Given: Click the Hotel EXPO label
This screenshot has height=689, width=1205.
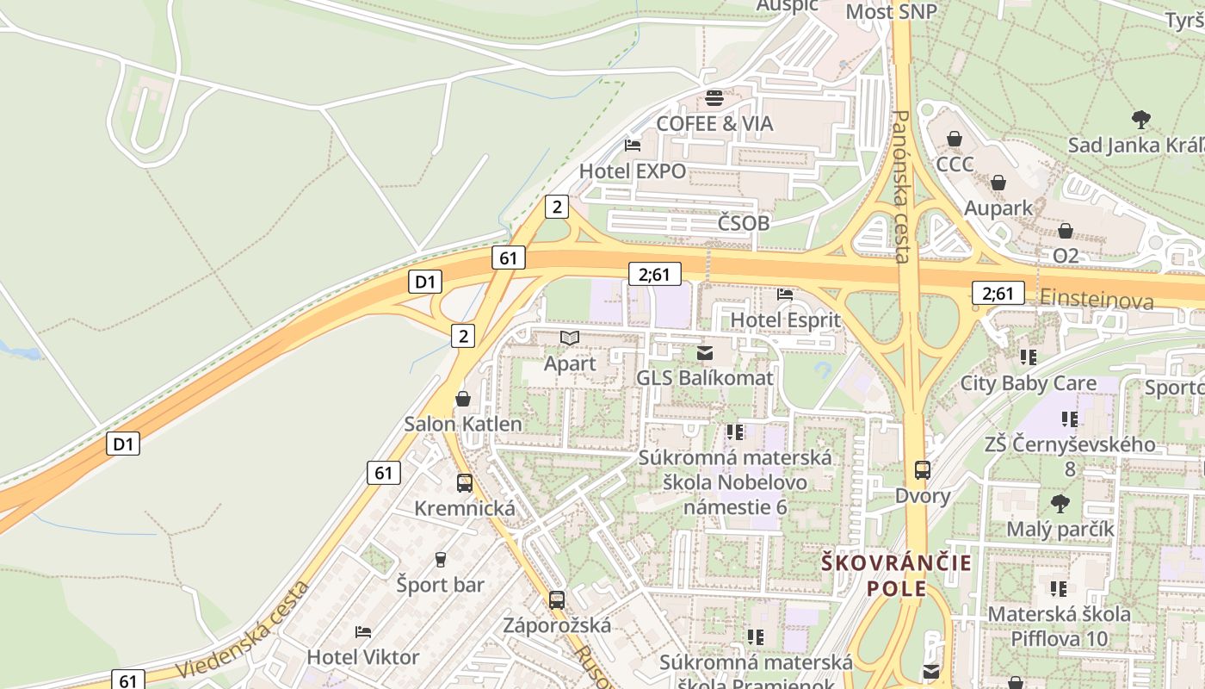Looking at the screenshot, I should [633, 171].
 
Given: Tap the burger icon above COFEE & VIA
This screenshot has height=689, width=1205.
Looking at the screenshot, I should [714, 97].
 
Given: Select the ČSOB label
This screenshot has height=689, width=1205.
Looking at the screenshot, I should [744, 223].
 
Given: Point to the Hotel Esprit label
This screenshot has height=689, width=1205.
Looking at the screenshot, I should [785, 320].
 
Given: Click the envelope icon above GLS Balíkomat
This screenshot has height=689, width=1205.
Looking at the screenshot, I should [705, 352].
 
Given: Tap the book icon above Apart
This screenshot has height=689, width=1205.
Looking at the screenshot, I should [570, 338].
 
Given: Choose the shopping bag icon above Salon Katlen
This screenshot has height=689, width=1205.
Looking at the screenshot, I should [463, 399].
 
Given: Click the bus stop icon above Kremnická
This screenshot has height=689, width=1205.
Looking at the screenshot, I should [465, 483].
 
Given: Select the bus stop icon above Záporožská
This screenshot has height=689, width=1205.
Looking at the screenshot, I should [557, 599].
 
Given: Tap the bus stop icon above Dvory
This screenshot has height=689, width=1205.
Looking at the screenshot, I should [923, 470].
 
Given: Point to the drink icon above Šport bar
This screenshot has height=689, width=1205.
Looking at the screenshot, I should [441, 560].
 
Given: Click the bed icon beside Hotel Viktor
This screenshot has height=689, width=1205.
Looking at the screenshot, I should [363, 632].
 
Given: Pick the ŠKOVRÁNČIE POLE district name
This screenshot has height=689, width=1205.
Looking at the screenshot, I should [896, 576].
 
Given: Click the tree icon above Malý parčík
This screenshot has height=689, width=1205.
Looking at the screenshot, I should [1060, 503].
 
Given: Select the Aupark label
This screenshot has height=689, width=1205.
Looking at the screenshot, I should [998, 208].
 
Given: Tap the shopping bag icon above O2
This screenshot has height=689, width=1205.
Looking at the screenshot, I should [1066, 231].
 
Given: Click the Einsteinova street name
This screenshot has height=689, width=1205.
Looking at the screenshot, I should [1097, 300].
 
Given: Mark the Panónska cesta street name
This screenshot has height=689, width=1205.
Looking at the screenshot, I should [900, 185].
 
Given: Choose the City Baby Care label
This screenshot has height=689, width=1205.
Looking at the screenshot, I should [1029, 383].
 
